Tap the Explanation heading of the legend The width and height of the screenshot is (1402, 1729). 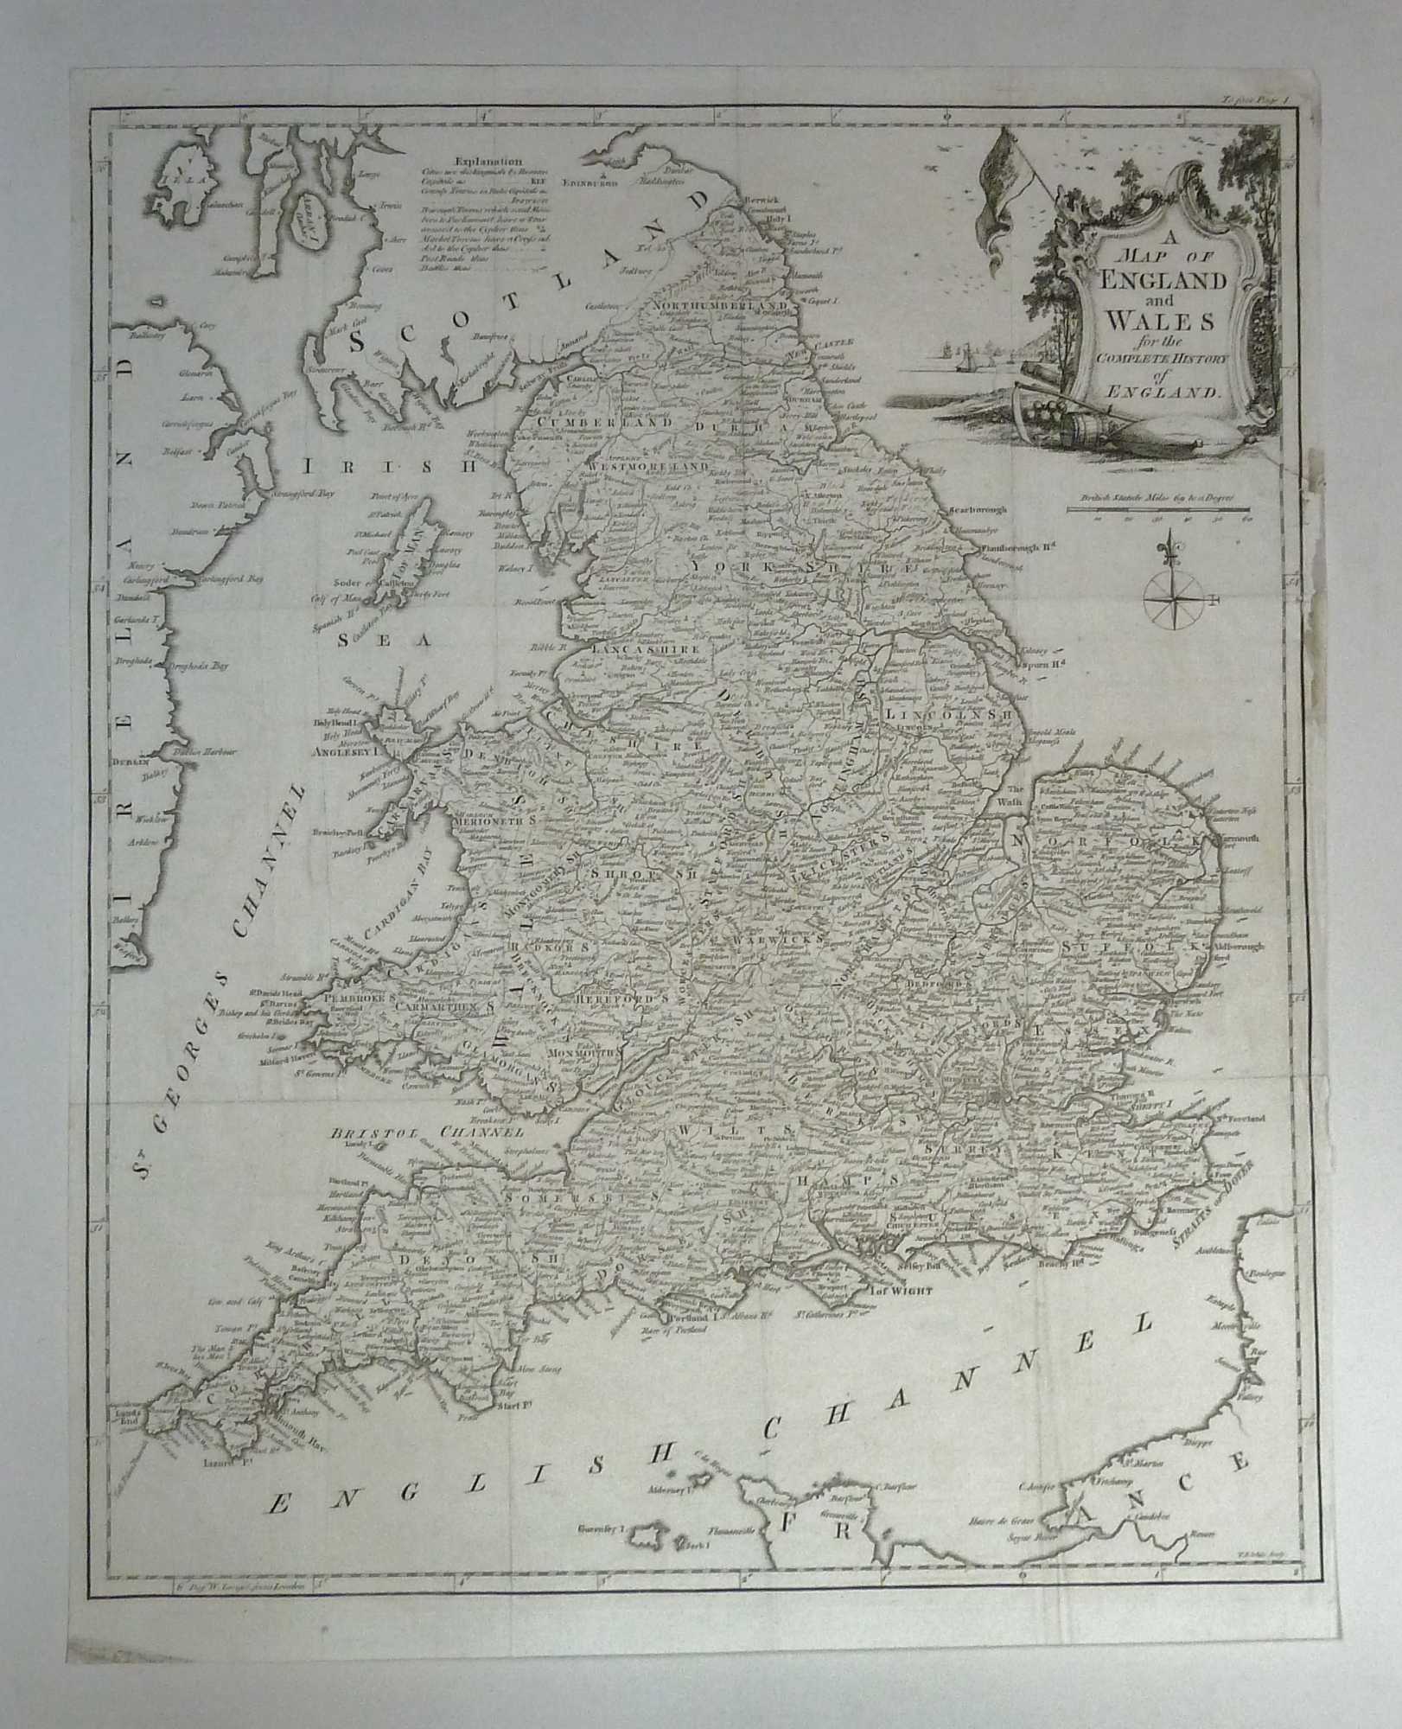(488, 160)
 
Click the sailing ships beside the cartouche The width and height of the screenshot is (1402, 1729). (968, 354)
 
